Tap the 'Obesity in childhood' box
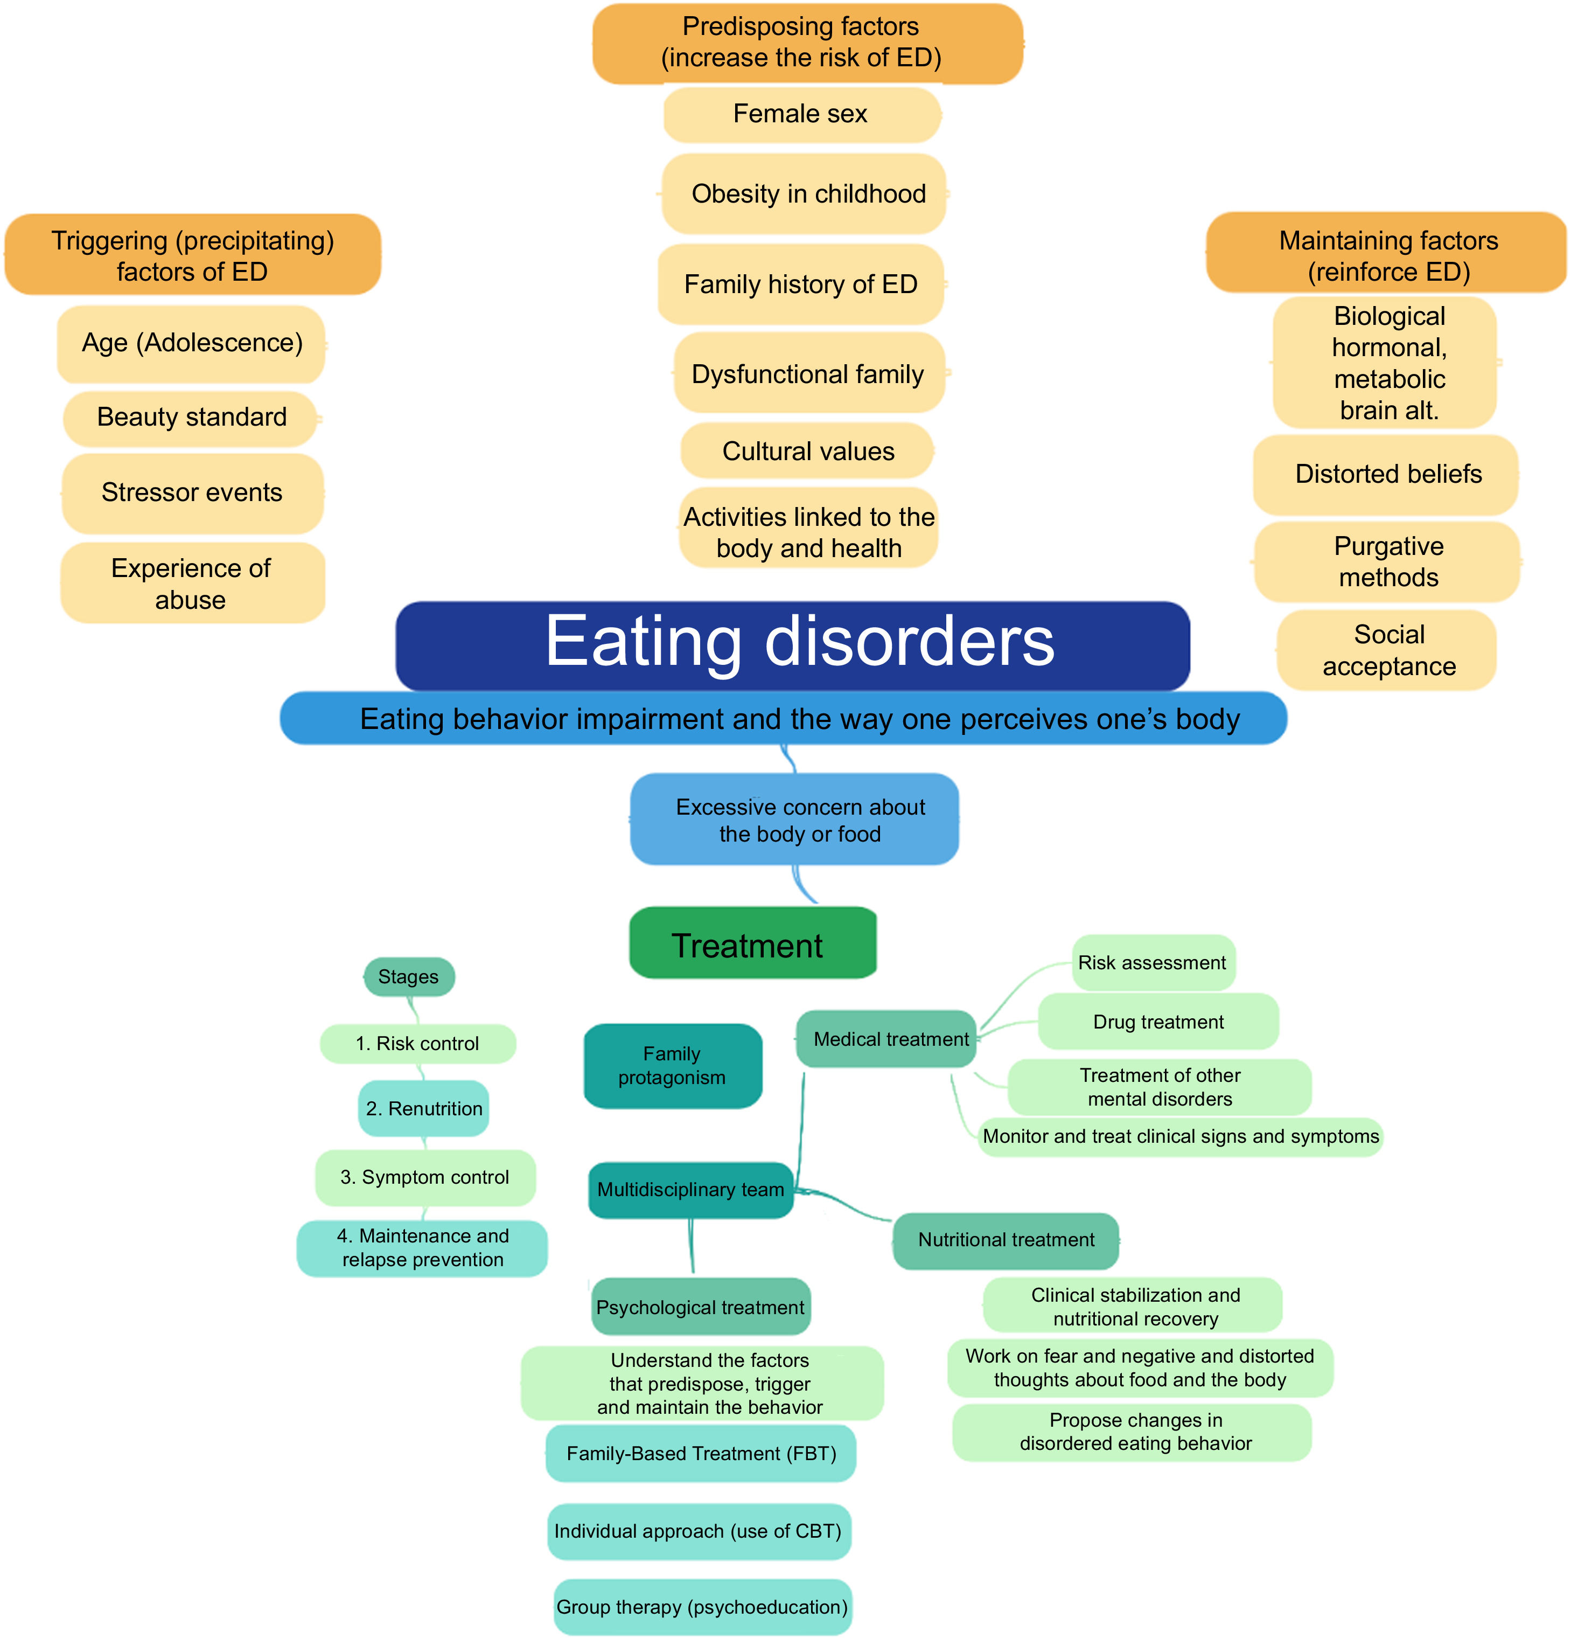tap(804, 194)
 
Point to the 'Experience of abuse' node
tap(192, 583)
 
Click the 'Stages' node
tap(409, 977)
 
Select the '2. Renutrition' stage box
tap(423, 1108)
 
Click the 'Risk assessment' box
tap(1152, 962)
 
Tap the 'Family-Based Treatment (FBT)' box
tap(701, 1453)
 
